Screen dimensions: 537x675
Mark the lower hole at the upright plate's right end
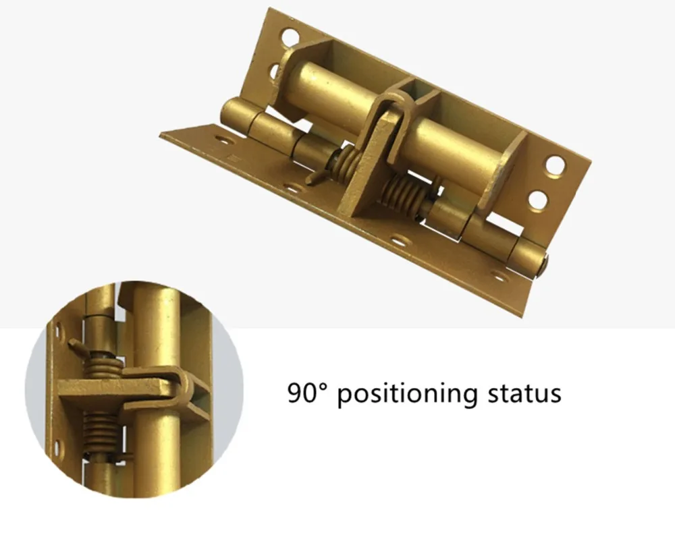pos(539,200)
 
